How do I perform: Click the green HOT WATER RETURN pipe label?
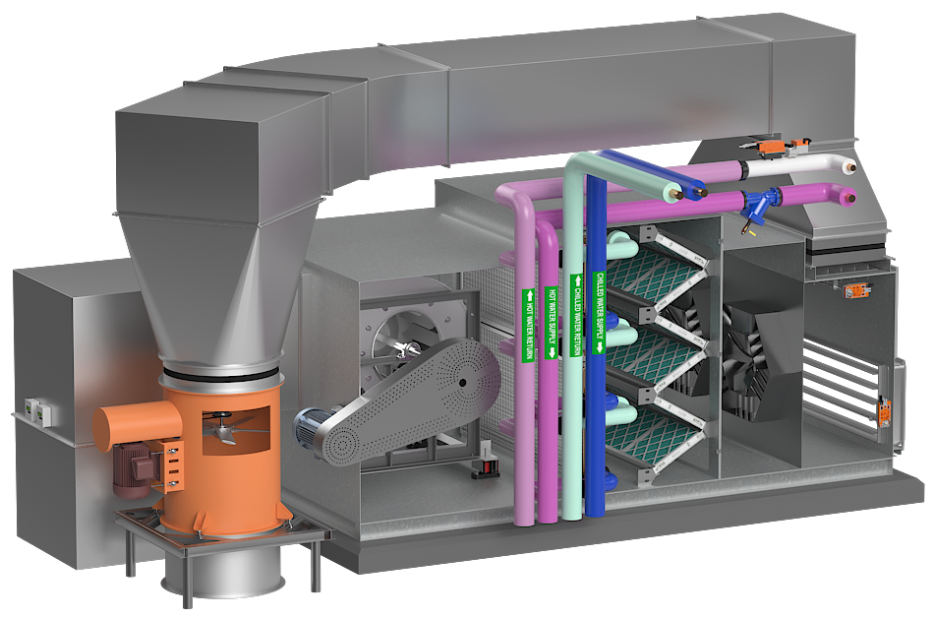pyautogui.click(x=528, y=326)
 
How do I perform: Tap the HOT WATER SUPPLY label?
pyautogui.click(x=551, y=323)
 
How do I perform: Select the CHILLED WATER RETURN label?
pyautogui.click(x=576, y=315)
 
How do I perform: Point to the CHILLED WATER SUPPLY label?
pyautogui.click(x=600, y=312)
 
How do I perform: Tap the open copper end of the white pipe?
pyautogui.click(x=853, y=168)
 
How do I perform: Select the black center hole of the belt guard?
pyautogui.click(x=462, y=384)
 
